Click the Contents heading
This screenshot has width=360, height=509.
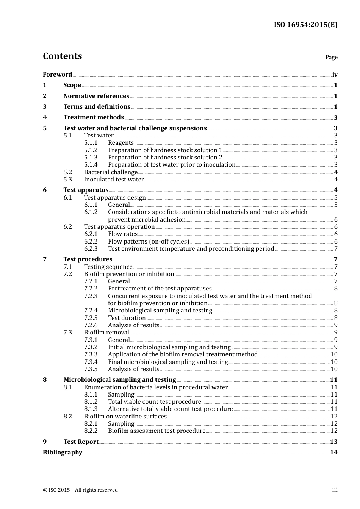62,56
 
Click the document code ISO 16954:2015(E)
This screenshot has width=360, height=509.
305,25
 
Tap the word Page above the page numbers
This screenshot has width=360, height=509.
331,57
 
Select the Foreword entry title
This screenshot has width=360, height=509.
57,75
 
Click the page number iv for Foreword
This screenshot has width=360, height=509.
335,75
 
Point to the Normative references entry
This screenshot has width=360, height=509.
96,96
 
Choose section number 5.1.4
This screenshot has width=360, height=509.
91,165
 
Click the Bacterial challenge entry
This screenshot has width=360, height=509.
111,172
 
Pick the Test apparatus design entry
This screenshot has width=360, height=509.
115,198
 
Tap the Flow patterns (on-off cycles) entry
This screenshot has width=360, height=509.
149,242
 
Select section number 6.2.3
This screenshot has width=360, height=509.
91,249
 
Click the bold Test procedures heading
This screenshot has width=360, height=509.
88,259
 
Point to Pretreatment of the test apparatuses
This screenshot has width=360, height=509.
160,289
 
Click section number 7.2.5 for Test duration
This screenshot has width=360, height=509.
91,318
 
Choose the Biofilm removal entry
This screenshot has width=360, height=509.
106,333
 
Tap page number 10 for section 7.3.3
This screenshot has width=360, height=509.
334,354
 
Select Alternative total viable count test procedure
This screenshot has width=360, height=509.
170,409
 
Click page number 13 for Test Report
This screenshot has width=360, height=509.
333,442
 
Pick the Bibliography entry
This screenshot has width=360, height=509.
63,453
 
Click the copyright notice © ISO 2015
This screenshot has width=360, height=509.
80,490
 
